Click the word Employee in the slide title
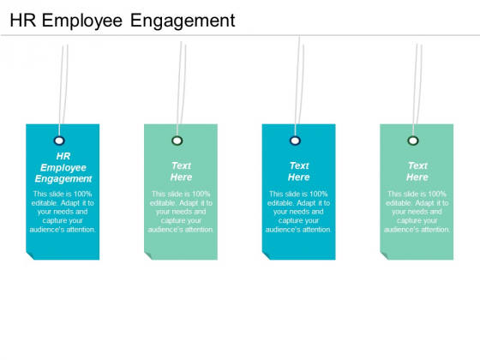(81, 21)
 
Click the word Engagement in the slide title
(183, 21)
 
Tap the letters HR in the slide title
(23, 21)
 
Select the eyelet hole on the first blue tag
(59, 141)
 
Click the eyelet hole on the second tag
(177, 141)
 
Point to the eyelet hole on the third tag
(295, 141)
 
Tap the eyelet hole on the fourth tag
(413, 141)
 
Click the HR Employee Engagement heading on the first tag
(63, 167)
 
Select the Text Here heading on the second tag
(181, 171)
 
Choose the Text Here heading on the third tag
(299, 171)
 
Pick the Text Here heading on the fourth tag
(417, 171)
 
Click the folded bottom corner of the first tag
(30, 255)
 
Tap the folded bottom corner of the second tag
(147, 255)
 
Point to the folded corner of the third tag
(266, 255)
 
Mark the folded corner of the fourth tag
(384, 255)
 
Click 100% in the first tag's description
(82, 194)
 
